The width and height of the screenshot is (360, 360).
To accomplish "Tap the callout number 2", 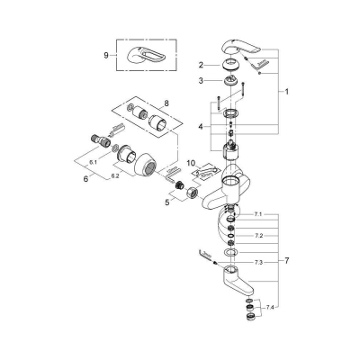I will click(203, 65).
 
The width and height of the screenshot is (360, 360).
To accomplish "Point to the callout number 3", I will click(203, 82).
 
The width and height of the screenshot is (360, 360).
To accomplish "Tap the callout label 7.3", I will click(257, 261).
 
